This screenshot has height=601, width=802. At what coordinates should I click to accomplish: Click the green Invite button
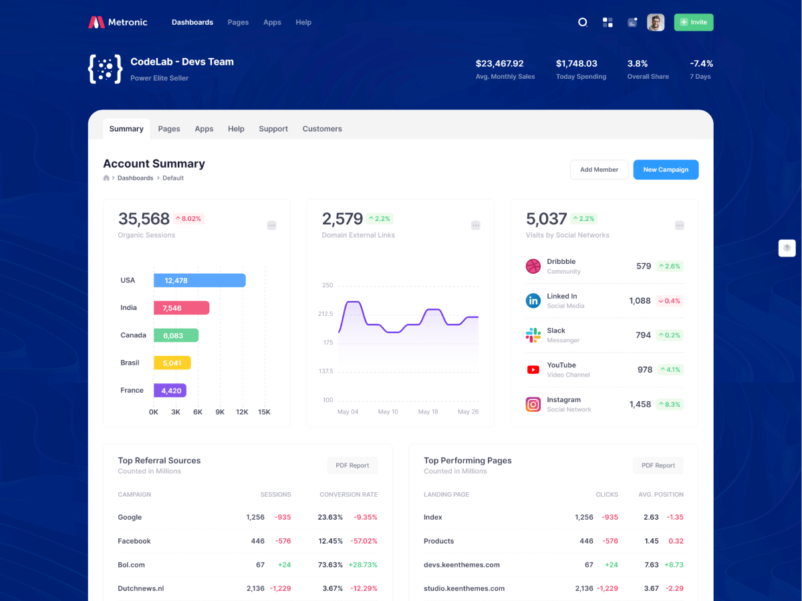click(693, 22)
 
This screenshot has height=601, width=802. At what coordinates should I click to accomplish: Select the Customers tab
click(322, 129)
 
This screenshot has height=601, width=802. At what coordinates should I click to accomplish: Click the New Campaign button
click(666, 170)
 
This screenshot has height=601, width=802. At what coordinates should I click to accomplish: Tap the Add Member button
click(599, 170)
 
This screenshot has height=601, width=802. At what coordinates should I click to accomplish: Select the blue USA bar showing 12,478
click(199, 280)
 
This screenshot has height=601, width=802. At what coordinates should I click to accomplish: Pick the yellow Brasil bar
click(172, 363)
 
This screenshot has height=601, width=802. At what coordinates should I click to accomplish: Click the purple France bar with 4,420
click(170, 391)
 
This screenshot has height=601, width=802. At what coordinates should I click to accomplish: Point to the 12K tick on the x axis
click(242, 412)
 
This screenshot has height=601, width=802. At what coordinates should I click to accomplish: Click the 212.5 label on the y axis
click(325, 314)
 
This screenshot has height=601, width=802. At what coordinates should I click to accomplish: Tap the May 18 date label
click(428, 412)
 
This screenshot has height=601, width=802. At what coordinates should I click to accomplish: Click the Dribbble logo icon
click(533, 266)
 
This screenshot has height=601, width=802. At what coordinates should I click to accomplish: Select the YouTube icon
click(533, 369)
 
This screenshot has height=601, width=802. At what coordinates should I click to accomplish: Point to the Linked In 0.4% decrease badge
click(669, 301)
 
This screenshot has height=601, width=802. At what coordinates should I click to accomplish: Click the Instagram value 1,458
click(640, 404)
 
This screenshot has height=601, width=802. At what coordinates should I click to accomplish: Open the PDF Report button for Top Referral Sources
click(352, 465)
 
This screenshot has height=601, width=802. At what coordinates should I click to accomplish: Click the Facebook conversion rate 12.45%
click(330, 541)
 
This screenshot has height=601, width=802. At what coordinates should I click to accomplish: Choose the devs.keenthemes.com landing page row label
click(461, 565)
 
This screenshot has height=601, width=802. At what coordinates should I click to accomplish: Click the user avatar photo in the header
click(656, 22)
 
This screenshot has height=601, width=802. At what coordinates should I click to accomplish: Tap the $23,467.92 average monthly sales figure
click(499, 63)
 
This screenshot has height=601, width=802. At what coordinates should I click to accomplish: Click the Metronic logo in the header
click(118, 22)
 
